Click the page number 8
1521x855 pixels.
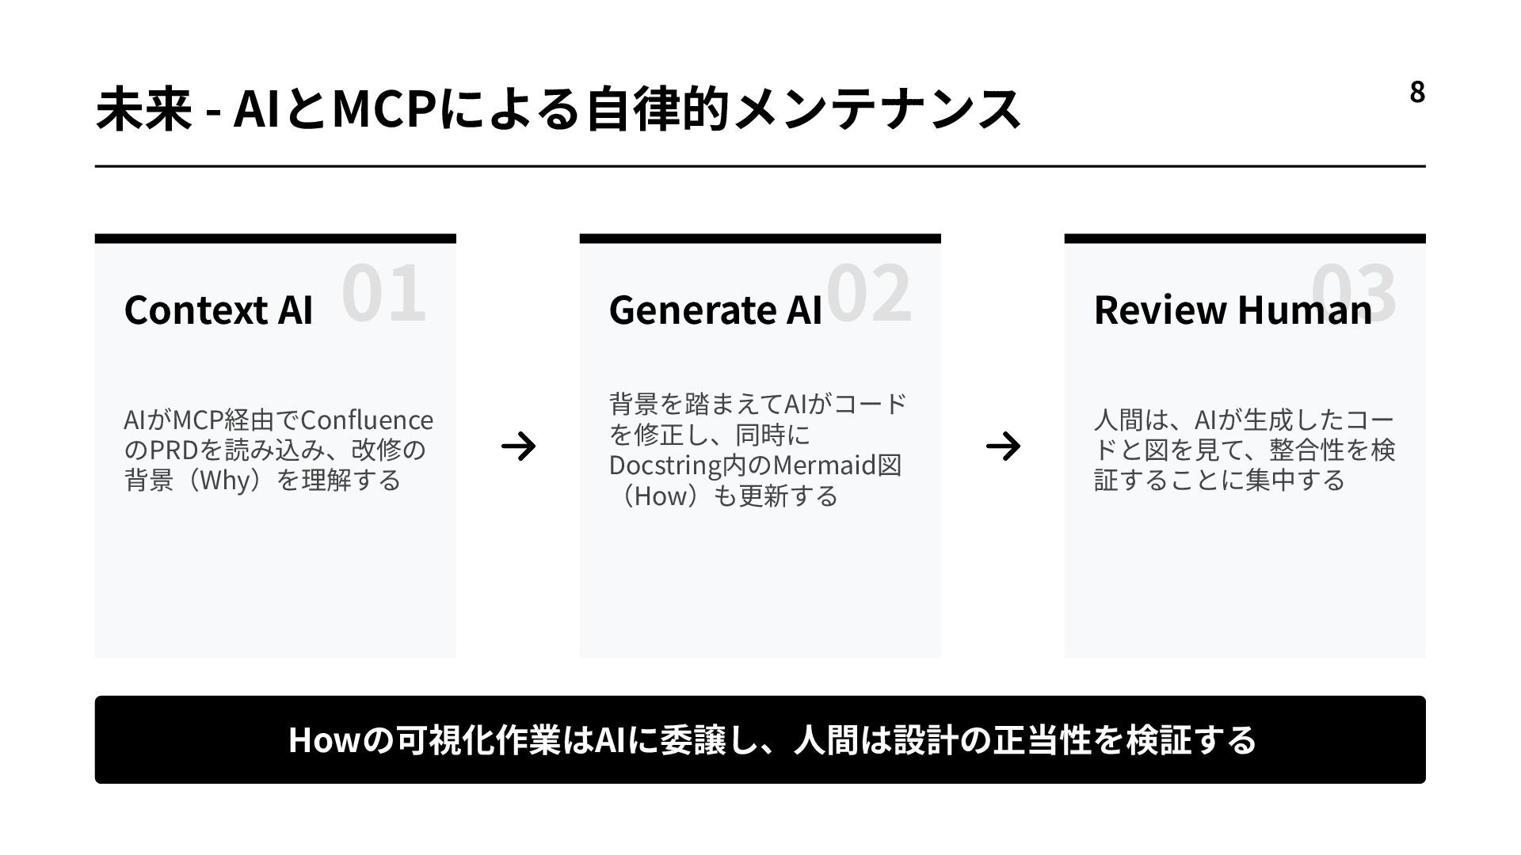pyautogui.click(x=1417, y=93)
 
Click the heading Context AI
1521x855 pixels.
pyautogui.click(x=219, y=310)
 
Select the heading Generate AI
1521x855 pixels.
pyautogui.click(x=715, y=310)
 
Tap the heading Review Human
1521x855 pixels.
pyautogui.click(x=1233, y=310)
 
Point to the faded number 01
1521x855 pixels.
pyautogui.click(x=384, y=293)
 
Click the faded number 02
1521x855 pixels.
pyautogui.click(x=869, y=293)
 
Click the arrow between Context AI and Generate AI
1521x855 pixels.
pyautogui.click(x=518, y=446)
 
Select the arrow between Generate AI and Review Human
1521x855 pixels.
pyautogui.click(x=1003, y=446)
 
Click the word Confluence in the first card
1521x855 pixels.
pyautogui.click(x=367, y=420)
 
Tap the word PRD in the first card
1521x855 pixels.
pyautogui.click(x=173, y=450)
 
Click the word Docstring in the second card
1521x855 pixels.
pyautogui.click(x=665, y=465)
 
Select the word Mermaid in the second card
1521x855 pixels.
pyautogui.click(x=825, y=465)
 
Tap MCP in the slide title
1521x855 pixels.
pyautogui.click(x=383, y=108)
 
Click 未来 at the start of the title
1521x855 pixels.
pyautogui.click(x=143, y=108)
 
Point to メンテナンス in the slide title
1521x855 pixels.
pyautogui.click(x=878, y=108)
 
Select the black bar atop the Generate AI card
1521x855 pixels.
pyautogui.click(x=760, y=238)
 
